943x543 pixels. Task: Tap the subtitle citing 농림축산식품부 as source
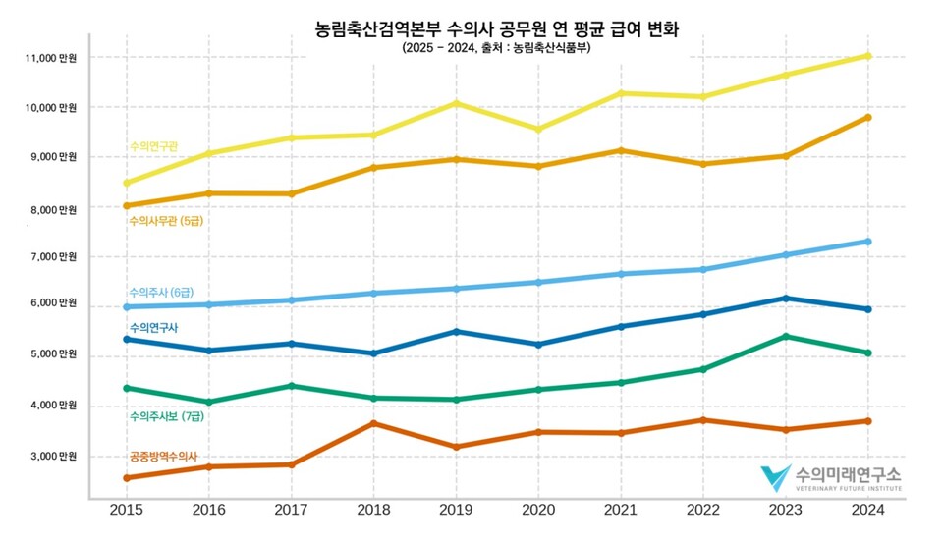pos(496,48)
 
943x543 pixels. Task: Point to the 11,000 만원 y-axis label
pos(51,58)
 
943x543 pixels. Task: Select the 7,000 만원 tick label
pos(54,257)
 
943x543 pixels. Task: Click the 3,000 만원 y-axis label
pos(54,457)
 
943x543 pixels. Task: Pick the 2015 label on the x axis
pos(126,510)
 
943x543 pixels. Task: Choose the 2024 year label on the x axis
pos(867,510)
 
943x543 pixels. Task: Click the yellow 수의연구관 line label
pos(153,146)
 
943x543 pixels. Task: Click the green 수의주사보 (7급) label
pos(168,416)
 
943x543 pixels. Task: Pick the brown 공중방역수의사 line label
pos(163,457)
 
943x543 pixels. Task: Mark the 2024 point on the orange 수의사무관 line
pos(868,118)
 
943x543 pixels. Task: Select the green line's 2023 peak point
pos(785,337)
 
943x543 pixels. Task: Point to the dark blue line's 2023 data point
pos(785,299)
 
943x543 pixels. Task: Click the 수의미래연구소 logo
pos(830,477)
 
